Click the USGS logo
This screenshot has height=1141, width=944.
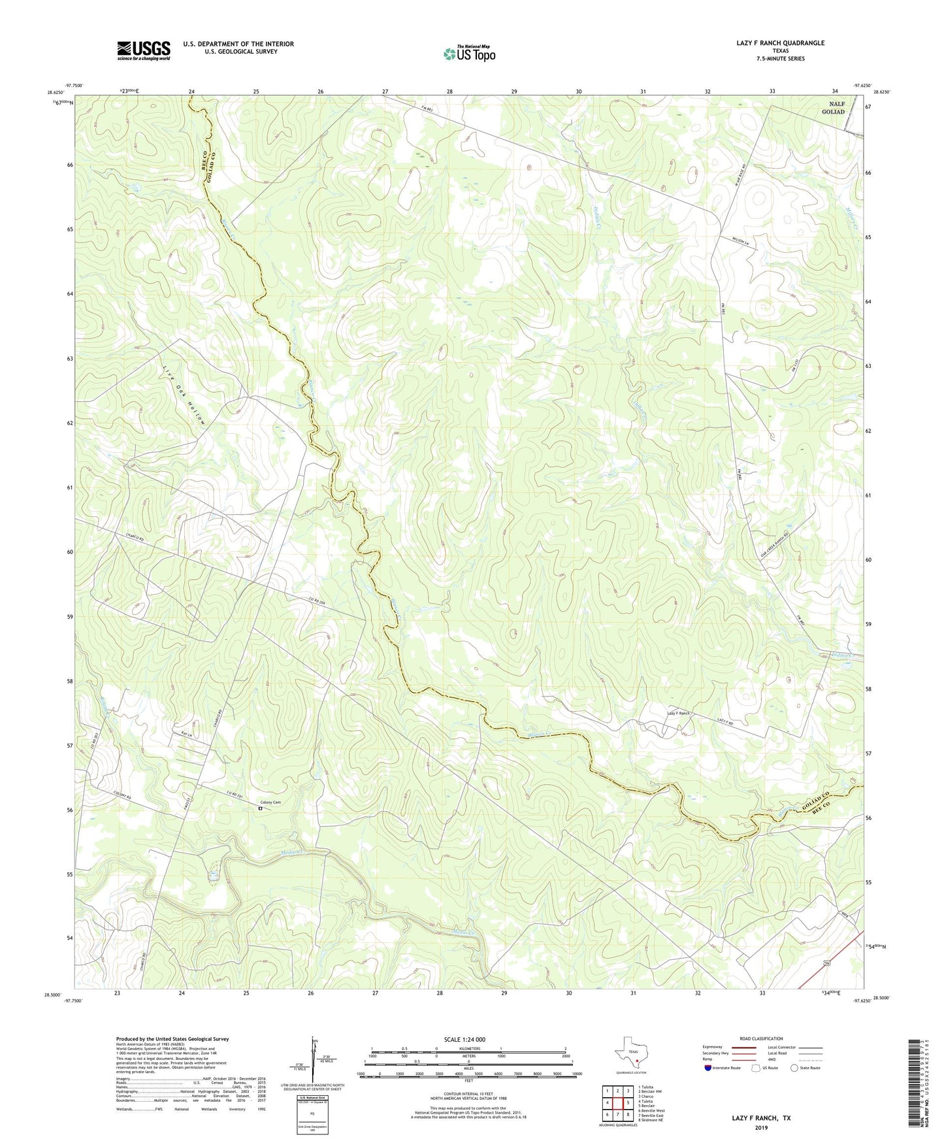[144, 50]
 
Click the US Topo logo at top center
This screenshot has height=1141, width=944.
[469, 54]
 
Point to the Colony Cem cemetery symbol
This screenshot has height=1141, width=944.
[260, 808]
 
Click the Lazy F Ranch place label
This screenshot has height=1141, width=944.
[678, 713]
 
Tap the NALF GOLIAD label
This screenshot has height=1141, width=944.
[833, 108]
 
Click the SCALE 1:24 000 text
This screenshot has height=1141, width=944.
[468, 1040]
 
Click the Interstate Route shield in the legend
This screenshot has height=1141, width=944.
[709, 1068]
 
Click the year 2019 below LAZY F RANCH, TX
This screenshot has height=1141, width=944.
[761, 1127]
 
